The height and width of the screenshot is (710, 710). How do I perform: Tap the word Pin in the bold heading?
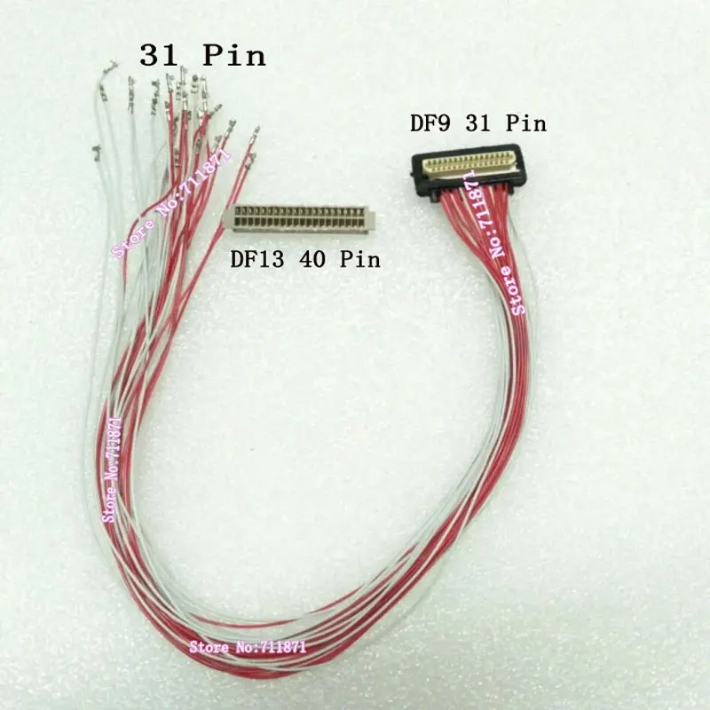point(234,56)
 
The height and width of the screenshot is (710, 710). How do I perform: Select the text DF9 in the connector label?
point(430,122)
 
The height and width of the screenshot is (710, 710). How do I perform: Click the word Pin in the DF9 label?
point(526,122)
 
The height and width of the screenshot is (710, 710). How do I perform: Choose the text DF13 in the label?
point(257,259)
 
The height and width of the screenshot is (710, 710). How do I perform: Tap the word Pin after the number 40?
point(360,259)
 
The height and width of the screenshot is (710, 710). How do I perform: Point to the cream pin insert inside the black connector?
point(469,163)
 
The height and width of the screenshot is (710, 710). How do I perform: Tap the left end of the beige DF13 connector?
point(230,217)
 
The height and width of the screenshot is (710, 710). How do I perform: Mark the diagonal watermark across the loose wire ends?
point(172,203)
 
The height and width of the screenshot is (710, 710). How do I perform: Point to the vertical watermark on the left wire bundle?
point(112,469)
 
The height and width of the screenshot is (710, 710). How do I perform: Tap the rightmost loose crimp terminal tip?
point(256,130)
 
